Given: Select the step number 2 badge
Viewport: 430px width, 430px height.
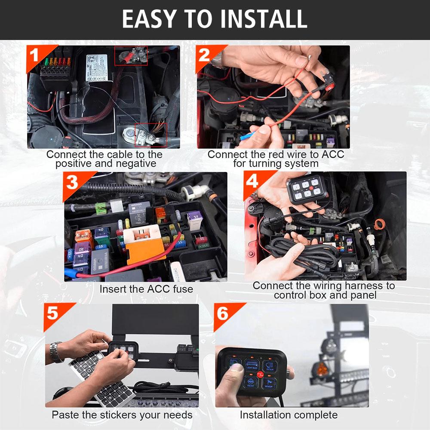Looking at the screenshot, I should click(x=205, y=55).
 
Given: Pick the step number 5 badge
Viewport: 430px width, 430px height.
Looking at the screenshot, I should click(x=53, y=313).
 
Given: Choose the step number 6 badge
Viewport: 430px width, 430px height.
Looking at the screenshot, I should click(x=223, y=313).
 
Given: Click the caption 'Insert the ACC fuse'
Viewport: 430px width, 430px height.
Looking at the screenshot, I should click(x=146, y=289).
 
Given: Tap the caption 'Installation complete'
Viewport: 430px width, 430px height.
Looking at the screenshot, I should click(x=289, y=415).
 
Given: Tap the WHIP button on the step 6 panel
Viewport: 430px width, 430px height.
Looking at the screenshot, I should click(x=268, y=382).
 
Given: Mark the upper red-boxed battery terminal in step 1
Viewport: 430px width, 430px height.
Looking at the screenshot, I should click(x=131, y=56).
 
